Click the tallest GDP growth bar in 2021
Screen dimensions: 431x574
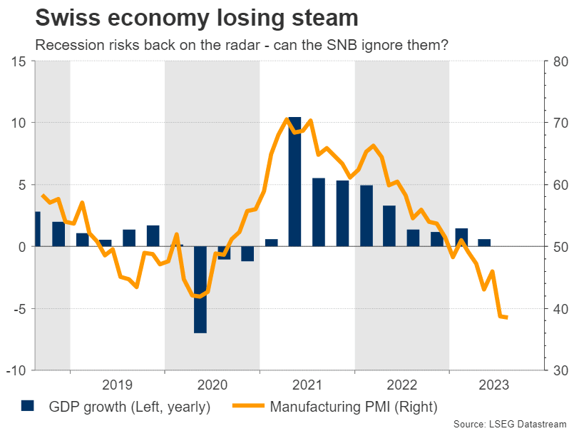click(294, 182)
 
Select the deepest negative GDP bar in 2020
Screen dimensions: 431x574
click(200, 290)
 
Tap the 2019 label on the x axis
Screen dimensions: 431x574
click(117, 385)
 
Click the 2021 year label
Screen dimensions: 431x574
click(307, 385)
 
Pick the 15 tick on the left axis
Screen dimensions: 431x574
click(19, 61)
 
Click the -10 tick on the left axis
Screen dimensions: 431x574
click(17, 371)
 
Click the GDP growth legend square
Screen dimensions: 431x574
click(28, 406)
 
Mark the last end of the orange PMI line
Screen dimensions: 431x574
click(506, 318)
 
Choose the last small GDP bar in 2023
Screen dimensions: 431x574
click(484, 243)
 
